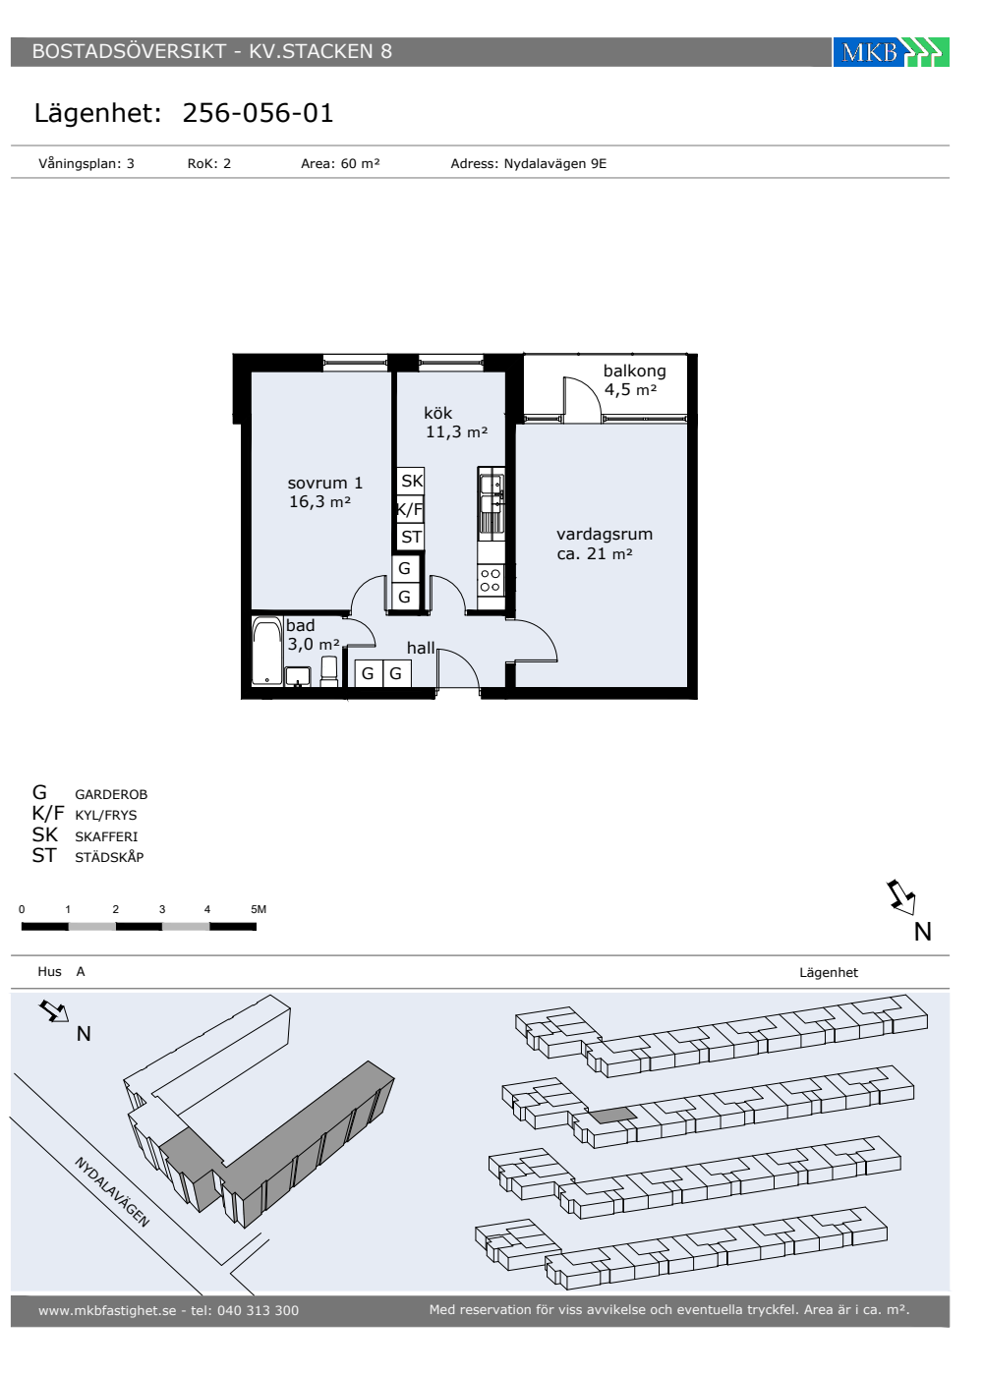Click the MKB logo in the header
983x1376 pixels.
pyautogui.click(x=891, y=52)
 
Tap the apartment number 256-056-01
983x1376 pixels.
pyautogui.click(x=258, y=113)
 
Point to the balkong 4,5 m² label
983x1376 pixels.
pyautogui.click(x=634, y=380)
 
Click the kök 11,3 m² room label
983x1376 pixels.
pyautogui.click(x=456, y=423)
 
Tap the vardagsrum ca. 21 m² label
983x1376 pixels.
pyautogui.click(x=605, y=544)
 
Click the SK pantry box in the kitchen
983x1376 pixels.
pyautogui.click(x=411, y=481)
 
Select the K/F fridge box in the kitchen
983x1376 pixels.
pyautogui.click(x=411, y=509)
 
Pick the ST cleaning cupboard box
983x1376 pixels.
pyautogui.click(x=411, y=537)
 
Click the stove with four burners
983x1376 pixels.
pyautogui.click(x=491, y=581)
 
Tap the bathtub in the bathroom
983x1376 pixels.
pyautogui.click(x=266, y=652)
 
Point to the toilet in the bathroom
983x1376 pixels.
pyautogui.click(x=328, y=671)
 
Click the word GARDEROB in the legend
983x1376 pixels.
pyautogui.click(x=111, y=795)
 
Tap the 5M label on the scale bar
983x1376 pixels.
pyautogui.click(x=258, y=910)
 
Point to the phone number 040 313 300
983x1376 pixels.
pyautogui.click(x=258, y=1311)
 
